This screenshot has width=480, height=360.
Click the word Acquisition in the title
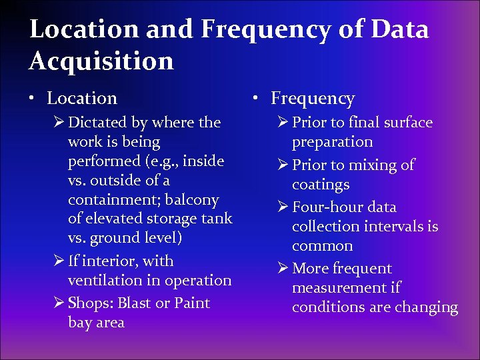101,61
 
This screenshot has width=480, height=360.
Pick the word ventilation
106,281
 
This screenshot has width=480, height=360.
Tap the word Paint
192,303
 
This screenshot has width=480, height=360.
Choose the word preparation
332,142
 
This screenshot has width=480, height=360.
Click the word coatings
321,185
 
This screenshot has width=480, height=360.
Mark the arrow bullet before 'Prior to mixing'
281,165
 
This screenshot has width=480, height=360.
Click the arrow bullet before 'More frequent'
281,269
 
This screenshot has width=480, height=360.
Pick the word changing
426,308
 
